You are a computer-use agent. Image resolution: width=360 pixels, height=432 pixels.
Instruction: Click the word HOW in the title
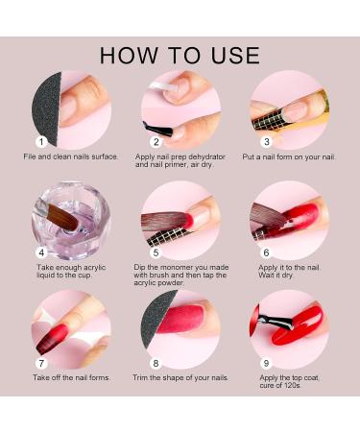point(129,56)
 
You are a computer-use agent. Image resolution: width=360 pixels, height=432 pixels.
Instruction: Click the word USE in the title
point(235,56)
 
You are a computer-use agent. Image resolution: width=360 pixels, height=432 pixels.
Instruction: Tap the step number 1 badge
point(41,142)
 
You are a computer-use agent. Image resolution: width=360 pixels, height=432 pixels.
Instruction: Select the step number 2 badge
point(156,142)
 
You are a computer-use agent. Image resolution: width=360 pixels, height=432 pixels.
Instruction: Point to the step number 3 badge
point(266,142)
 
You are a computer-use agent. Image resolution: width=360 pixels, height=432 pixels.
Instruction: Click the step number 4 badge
point(41,252)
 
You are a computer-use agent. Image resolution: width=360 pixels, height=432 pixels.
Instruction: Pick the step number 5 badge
point(156,252)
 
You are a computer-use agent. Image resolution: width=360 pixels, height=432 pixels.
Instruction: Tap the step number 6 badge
point(266,252)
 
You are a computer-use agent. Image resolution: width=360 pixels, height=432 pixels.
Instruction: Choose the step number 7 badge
point(41,364)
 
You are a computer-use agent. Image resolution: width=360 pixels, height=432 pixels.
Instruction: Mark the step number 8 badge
point(156,364)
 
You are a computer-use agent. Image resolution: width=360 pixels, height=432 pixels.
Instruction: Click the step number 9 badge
point(266,364)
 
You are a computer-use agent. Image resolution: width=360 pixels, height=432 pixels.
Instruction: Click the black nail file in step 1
point(48,108)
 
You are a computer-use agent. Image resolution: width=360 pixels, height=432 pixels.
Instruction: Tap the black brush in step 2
point(157,129)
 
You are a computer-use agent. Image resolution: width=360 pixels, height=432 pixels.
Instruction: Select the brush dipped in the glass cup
point(60,216)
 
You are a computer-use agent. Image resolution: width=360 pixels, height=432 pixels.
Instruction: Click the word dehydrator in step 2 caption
point(206,156)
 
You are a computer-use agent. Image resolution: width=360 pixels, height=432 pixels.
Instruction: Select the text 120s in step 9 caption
point(293,386)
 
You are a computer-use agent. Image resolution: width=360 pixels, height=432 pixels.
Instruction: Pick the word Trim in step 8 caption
point(140,377)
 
